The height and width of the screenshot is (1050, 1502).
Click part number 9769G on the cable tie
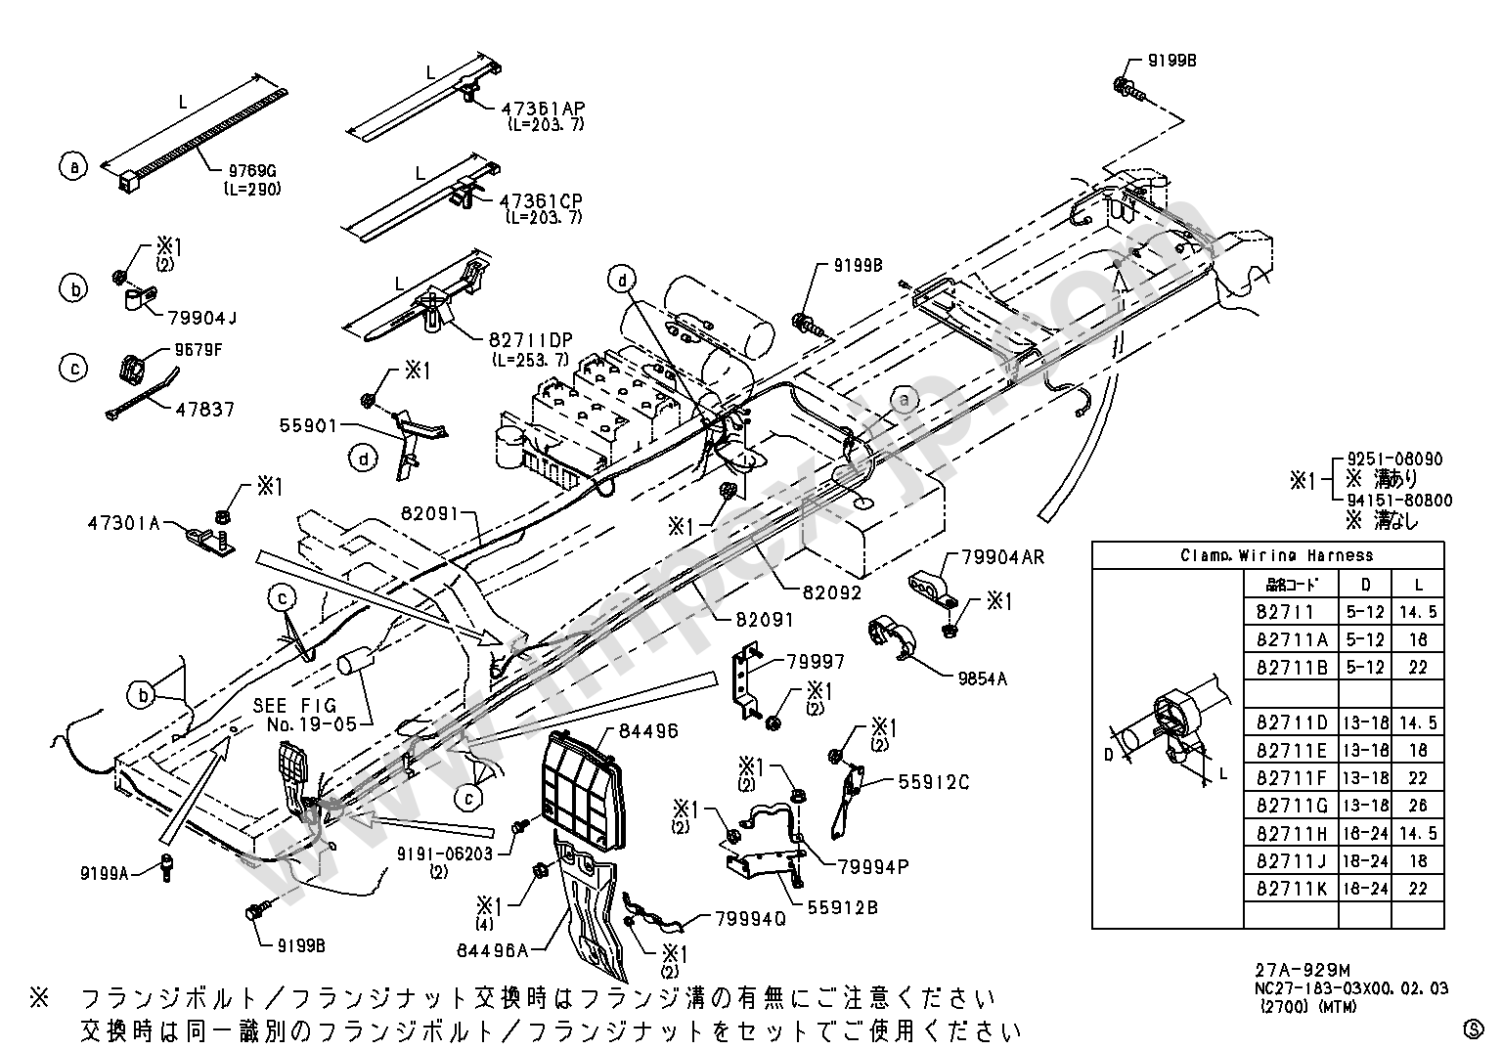(x=250, y=171)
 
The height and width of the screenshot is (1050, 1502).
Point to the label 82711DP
(x=531, y=340)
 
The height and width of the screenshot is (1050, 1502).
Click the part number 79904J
(x=202, y=317)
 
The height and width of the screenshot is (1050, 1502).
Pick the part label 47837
(x=205, y=409)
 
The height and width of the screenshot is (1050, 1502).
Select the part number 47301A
(x=122, y=522)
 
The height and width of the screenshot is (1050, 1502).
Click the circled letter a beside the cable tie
(x=73, y=166)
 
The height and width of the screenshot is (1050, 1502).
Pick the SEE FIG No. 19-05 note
(x=294, y=715)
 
